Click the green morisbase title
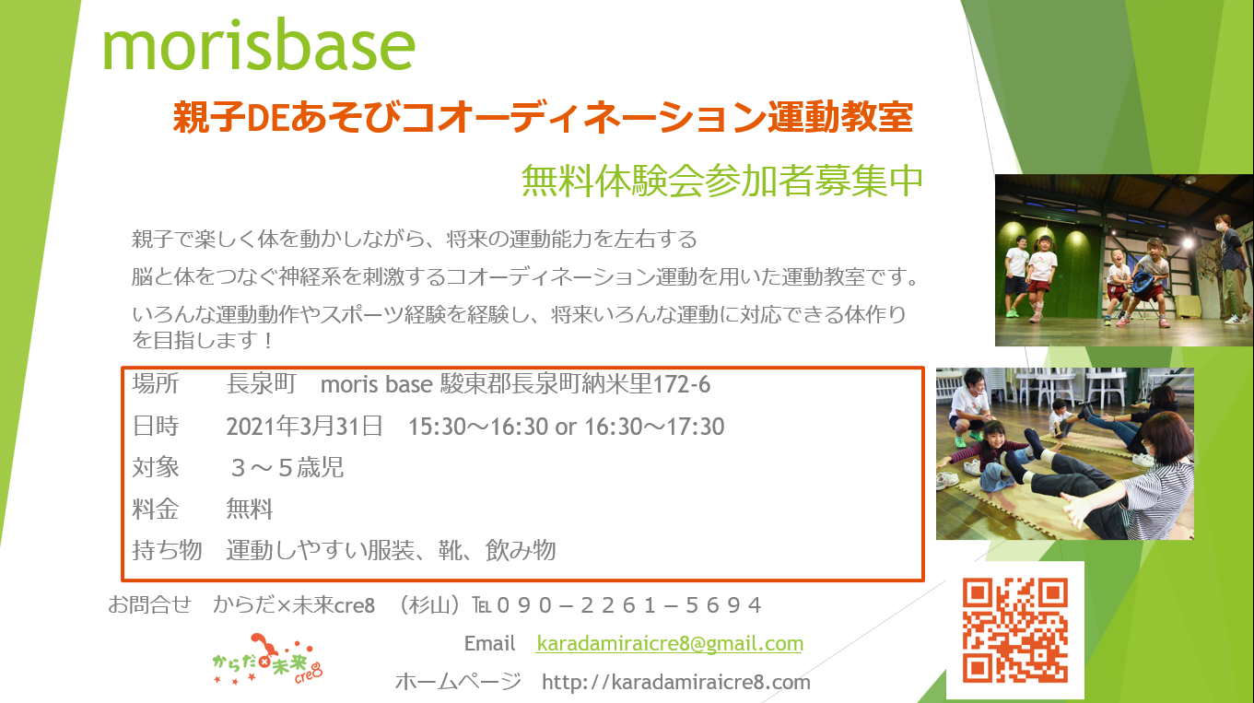(x=259, y=45)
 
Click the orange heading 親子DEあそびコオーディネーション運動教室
(x=543, y=117)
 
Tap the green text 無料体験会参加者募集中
(x=722, y=181)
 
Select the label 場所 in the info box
(x=155, y=384)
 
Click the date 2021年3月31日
(x=305, y=427)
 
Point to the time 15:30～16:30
(x=478, y=427)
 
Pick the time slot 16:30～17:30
(x=654, y=427)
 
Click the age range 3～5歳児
(x=287, y=467)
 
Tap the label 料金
(x=155, y=509)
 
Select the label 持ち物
(x=167, y=550)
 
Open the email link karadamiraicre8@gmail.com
(x=670, y=644)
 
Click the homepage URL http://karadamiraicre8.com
(x=676, y=682)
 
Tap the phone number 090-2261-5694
(x=628, y=605)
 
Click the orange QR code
(x=1015, y=630)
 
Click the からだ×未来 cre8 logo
(x=267, y=660)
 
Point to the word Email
(x=489, y=644)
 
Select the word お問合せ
(x=149, y=605)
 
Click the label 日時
(x=155, y=427)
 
